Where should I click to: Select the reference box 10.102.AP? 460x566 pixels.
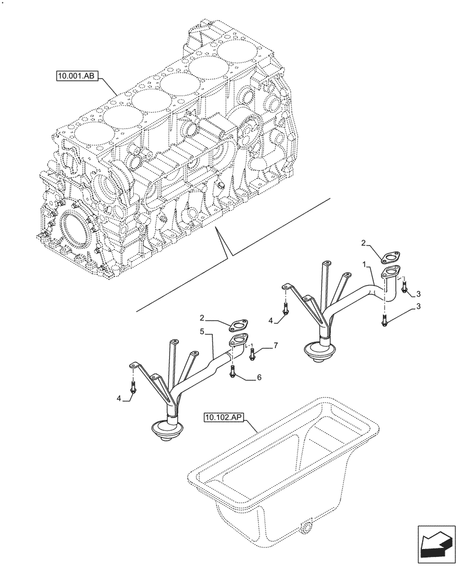point(223,418)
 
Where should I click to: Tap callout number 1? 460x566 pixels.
point(367,264)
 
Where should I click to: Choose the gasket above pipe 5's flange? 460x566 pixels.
point(236,325)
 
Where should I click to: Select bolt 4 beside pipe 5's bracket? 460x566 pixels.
point(133,388)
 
